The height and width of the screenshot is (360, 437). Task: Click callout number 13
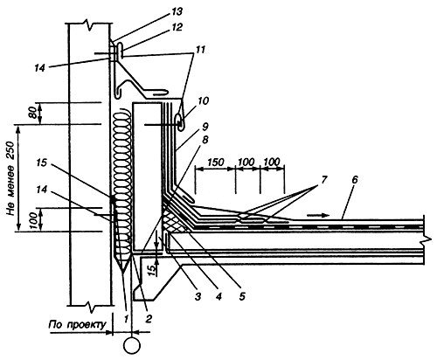[x=177, y=12]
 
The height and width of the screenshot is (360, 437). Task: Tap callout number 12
[x=177, y=27]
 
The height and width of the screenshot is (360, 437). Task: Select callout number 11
[x=200, y=50]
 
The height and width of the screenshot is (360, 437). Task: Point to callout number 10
[x=204, y=101]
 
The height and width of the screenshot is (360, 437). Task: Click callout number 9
[x=205, y=127]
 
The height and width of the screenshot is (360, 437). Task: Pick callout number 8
[x=205, y=140]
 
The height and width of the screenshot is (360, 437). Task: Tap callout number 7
[x=324, y=180]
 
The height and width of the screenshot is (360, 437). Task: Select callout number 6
[x=354, y=180]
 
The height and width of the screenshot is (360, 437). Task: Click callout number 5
[x=242, y=296]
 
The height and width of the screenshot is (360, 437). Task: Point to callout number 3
[x=198, y=297]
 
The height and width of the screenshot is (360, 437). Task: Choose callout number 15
[x=42, y=163]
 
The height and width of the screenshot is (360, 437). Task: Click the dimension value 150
[x=216, y=163]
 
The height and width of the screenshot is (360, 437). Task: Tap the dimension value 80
[x=32, y=113]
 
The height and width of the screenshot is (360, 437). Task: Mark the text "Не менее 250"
[x=11, y=178]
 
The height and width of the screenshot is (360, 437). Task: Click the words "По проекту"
[x=77, y=325]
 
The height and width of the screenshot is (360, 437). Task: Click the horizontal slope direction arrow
[x=318, y=215]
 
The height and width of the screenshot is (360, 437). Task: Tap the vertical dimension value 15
[x=151, y=270]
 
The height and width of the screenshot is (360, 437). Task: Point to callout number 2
[x=148, y=319]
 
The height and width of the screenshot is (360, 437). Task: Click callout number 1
[x=126, y=319]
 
